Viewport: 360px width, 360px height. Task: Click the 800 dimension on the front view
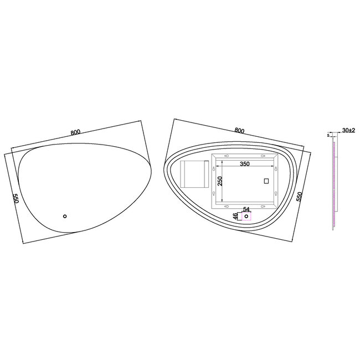[x=76, y=132]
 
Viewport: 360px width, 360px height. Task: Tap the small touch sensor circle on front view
[x=64, y=215]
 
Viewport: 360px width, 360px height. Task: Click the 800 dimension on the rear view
[x=239, y=131]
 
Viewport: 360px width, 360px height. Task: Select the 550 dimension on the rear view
[x=300, y=198]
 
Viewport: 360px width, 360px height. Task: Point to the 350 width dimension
[x=244, y=164]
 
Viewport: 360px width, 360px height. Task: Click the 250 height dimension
[x=219, y=182]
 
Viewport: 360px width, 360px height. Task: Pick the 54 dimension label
[x=246, y=209]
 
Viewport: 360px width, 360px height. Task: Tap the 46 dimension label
[x=235, y=215]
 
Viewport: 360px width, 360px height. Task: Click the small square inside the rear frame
[x=265, y=181]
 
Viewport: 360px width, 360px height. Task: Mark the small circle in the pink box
[x=246, y=217]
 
